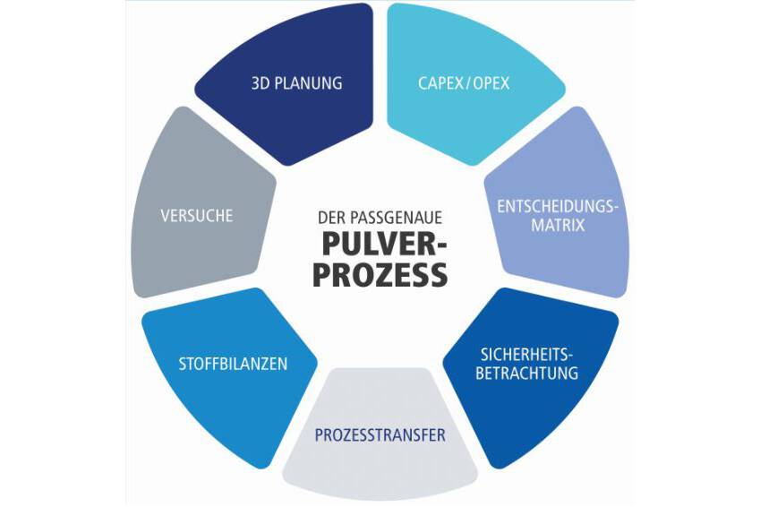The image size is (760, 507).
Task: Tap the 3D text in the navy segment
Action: pos(260,83)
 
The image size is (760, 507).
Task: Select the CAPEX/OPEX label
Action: pos(464,83)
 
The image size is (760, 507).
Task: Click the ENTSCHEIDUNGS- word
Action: pos(559,206)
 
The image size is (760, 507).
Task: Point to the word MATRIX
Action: pos(559,225)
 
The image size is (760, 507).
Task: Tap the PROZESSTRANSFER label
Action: pos(380,436)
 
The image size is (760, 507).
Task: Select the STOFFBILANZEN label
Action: pos(234,364)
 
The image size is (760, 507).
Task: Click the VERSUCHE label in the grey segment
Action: pos(197,216)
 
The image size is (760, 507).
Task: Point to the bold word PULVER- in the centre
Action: pos(380,244)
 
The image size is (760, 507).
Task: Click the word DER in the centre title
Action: pos(329,217)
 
